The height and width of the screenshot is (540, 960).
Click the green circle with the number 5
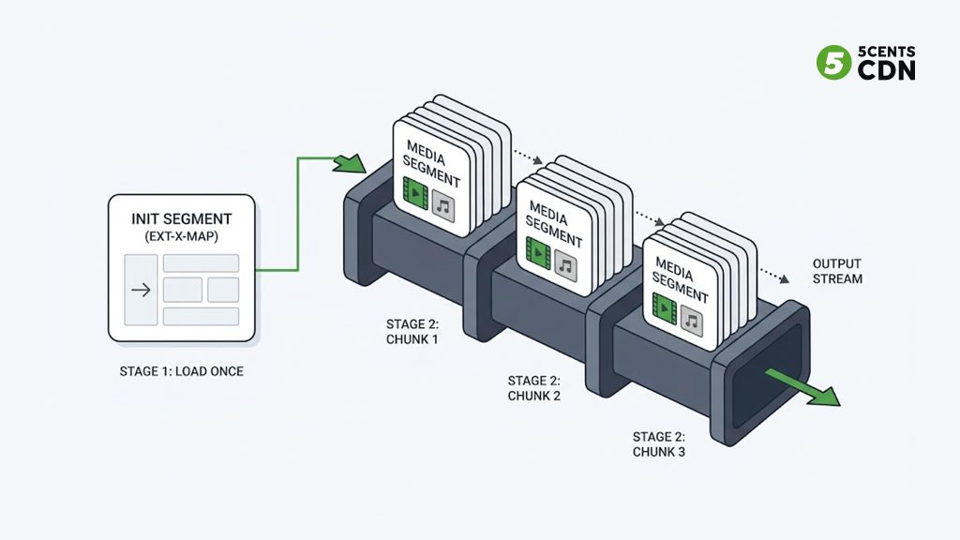pyautogui.click(x=833, y=63)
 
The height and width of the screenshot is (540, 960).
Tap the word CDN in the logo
pyautogui.click(x=887, y=70)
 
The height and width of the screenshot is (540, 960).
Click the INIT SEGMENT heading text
pyautogui.click(x=181, y=219)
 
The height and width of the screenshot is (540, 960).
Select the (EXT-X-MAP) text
pyautogui.click(x=181, y=236)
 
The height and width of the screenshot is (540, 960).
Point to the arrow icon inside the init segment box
pyautogui.click(x=141, y=290)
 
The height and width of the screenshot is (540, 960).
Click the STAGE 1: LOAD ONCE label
pyautogui.click(x=181, y=371)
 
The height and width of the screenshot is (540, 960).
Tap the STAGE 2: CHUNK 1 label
pyautogui.click(x=412, y=331)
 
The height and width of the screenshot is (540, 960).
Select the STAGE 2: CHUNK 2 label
pyautogui.click(x=533, y=388)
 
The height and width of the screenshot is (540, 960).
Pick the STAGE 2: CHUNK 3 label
pyautogui.click(x=659, y=443)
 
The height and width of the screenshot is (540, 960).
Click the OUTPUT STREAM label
pyautogui.click(x=837, y=271)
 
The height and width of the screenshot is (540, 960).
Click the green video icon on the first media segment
pyautogui.click(x=415, y=193)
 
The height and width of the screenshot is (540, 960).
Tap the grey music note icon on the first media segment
pyautogui.click(x=443, y=205)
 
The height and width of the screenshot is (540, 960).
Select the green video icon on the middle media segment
pyautogui.click(x=538, y=252)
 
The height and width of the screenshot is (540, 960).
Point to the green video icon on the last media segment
pyautogui.click(x=665, y=307)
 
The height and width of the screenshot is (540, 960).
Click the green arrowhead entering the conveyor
pyautogui.click(x=351, y=163)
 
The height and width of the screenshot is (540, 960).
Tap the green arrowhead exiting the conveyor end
pyautogui.click(x=824, y=397)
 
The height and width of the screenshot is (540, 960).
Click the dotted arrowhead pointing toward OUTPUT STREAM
pyautogui.click(x=784, y=279)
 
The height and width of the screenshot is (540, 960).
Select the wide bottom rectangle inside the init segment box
pyautogui.click(x=201, y=317)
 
